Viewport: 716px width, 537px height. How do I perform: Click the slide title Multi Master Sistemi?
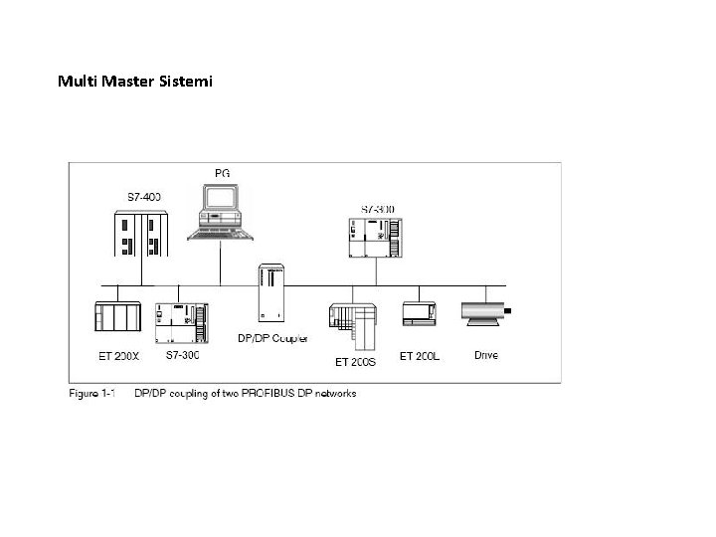click(x=134, y=80)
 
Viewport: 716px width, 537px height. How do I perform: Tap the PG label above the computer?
click(x=221, y=174)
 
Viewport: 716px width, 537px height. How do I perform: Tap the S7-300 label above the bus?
click(x=377, y=209)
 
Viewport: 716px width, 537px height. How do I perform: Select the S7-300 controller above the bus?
click(x=375, y=238)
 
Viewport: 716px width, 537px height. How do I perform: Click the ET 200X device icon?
click(x=117, y=315)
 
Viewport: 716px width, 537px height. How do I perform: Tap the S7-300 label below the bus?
click(x=182, y=354)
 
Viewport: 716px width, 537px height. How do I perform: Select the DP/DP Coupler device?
click(x=270, y=293)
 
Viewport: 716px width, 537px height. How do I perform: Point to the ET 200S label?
click(x=355, y=362)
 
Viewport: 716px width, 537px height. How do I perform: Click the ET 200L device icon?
click(x=418, y=314)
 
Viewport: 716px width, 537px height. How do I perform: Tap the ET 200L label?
click(x=419, y=354)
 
